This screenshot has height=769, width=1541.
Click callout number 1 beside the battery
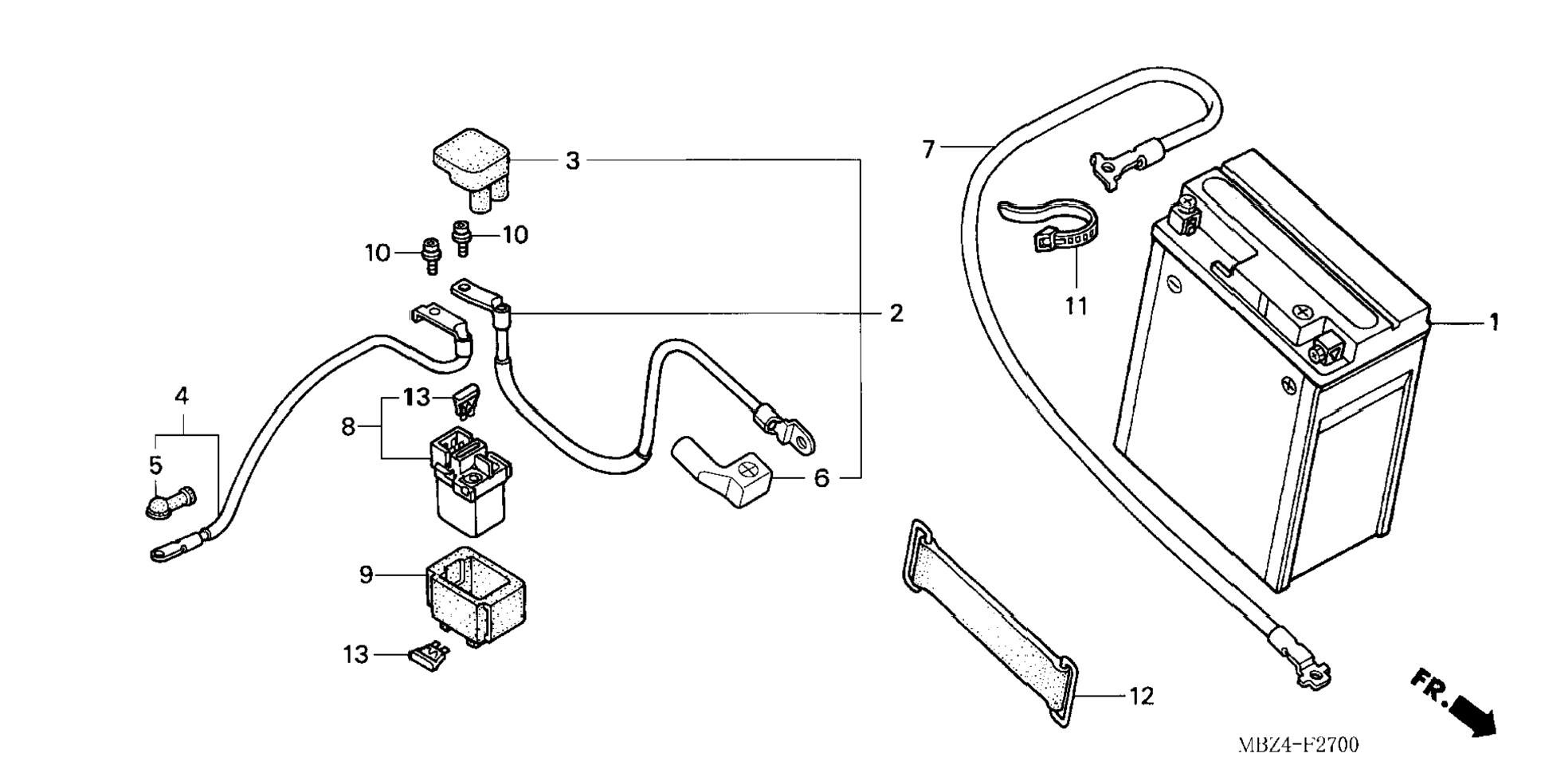click(1494, 323)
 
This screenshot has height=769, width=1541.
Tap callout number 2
click(896, 313)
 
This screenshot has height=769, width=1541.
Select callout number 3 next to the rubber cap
click(572, 161)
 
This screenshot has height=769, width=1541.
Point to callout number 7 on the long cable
click(928, 149)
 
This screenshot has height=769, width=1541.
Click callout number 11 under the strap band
click(1076, 305)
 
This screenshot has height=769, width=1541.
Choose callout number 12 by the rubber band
click(1141, 696)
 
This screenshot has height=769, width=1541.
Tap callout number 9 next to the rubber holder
click(366, 574)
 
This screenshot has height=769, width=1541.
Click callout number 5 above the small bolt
click(155, 465)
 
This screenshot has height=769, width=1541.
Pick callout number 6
click(821, 478)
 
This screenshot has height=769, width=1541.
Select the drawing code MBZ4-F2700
click(1299, 745)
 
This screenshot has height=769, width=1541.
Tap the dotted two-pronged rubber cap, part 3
click(472, 171)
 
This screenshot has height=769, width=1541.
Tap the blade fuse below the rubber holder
click(428, 657)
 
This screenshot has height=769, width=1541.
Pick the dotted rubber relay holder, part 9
click(476, 597)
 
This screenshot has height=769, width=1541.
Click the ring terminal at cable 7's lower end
click(1315, 678)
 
